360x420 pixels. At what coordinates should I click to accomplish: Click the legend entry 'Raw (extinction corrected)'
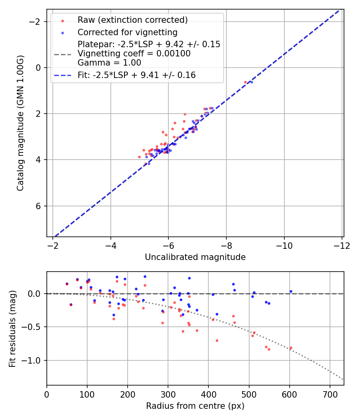[132, 20]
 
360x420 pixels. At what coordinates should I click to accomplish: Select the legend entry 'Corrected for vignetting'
[127, 32]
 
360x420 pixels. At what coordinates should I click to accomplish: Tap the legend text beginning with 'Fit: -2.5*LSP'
[136, 75]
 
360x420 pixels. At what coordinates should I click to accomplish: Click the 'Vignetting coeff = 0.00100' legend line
[134, 54]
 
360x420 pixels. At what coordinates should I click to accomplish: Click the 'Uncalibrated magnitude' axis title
[195, 257]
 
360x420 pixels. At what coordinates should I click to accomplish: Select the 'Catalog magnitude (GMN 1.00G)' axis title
[20, 123]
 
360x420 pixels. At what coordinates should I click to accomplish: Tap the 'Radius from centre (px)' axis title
[195, 406]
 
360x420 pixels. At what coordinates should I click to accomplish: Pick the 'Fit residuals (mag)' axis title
[12, 329]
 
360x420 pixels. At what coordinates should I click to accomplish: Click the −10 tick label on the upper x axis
[284, 245]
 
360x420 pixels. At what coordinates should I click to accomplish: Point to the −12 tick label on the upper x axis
[342, 245]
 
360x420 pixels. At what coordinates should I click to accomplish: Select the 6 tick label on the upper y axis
[39, 206]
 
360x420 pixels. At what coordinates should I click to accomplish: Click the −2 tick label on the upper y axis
[36, 21]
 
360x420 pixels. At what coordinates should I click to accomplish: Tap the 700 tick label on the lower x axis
[330, 394]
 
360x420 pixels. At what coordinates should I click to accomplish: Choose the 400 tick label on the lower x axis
[208, 394]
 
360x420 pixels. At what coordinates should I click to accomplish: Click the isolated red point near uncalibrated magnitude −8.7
[245, 82]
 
